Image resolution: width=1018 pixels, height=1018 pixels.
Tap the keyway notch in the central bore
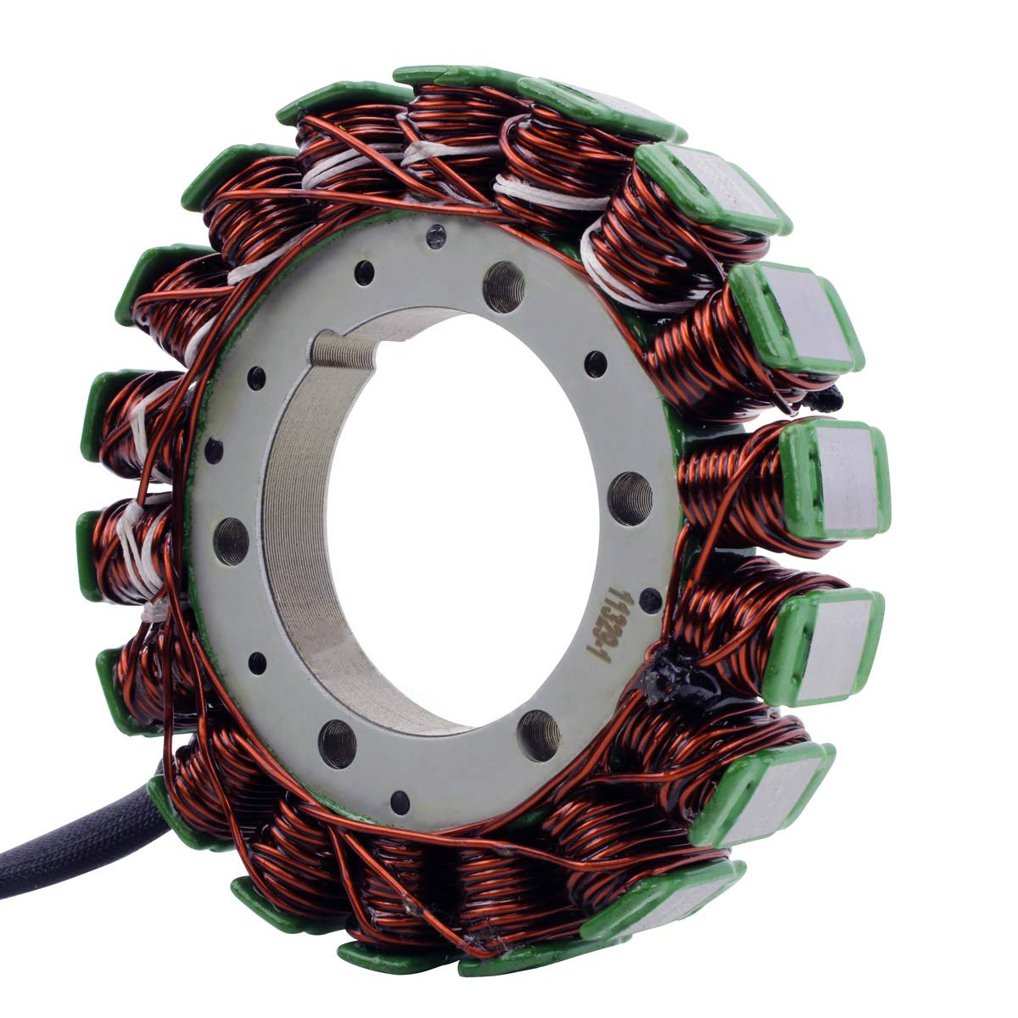click(344, 350)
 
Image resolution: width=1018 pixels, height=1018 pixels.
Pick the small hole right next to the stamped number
click(650, 600)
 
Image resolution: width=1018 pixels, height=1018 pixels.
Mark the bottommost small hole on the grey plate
click(400, 802)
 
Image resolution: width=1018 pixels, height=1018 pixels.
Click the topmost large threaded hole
click(502, 287)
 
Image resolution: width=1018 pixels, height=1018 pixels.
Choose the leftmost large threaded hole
click(231, 540)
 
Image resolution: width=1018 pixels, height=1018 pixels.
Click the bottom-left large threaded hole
click(338, 744)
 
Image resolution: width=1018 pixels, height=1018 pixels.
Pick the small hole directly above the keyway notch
click(364, 273)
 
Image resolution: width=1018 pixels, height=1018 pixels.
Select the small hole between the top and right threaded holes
click(596, 364)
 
